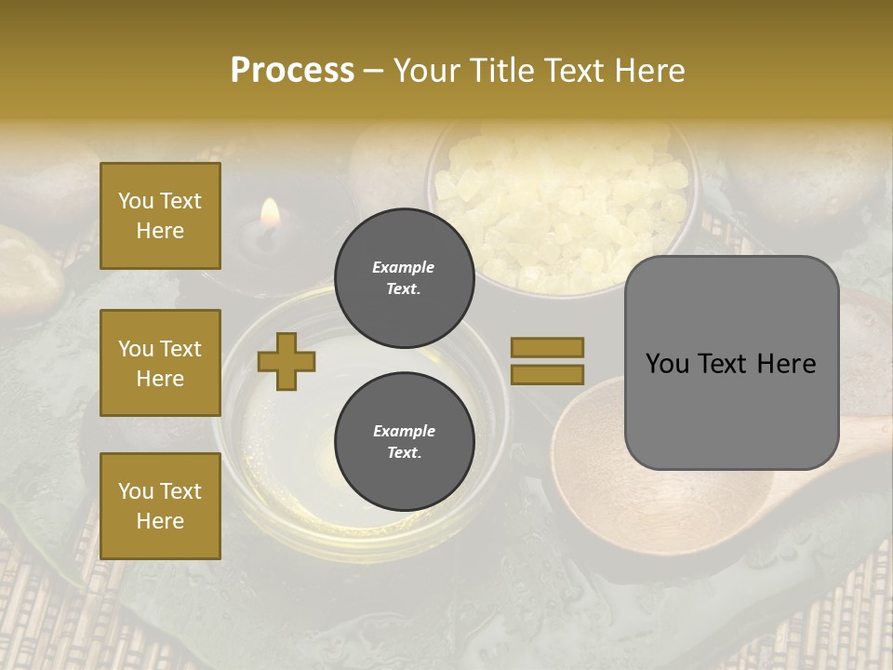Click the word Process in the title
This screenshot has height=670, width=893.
[x=292, y=71]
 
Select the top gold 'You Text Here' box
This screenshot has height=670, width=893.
[x=160, y=216]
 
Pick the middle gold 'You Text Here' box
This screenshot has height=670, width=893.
[x=160, y=363]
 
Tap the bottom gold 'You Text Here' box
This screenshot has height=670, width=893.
[x=160, y=505]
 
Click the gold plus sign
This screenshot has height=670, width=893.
[x=287, y=361]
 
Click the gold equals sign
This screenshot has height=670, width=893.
[x=547, y=361]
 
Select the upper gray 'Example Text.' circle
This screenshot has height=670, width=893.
[x=405, y=278]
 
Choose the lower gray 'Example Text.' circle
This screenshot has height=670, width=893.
[x=405, y=442]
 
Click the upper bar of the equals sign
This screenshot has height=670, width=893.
[x=547, y=347]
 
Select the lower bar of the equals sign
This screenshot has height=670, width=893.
[x=547, y=374]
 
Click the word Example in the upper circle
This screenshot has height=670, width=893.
[x=404, y=267]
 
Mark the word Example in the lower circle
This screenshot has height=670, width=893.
[x=404, y=431]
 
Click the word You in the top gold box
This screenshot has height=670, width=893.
[x=135, y=201]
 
